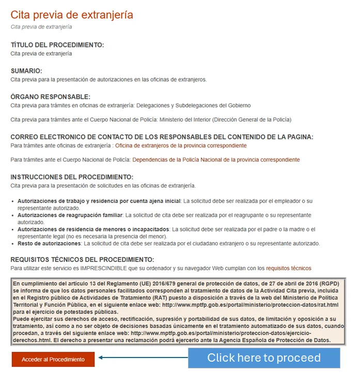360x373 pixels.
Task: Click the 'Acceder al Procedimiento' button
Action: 53,359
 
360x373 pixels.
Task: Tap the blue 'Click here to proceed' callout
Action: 263,358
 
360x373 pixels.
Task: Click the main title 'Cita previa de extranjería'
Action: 72,14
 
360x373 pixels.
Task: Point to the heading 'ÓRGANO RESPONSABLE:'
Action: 50,97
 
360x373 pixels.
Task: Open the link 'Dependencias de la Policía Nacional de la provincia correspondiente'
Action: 216,160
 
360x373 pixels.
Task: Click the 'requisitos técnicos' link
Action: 289,268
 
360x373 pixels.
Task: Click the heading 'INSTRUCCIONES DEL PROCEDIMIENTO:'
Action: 72,177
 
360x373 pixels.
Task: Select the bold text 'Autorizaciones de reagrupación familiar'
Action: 70,214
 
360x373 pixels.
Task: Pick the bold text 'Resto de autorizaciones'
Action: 50,243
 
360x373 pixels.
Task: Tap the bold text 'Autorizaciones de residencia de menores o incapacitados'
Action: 93,229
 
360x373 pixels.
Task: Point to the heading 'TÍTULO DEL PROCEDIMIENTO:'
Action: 57,45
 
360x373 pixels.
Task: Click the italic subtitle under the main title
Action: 41,27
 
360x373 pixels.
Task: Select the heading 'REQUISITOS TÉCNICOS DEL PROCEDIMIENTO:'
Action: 83,259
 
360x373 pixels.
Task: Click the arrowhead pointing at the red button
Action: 101,358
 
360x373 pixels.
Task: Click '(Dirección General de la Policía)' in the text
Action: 247,119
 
